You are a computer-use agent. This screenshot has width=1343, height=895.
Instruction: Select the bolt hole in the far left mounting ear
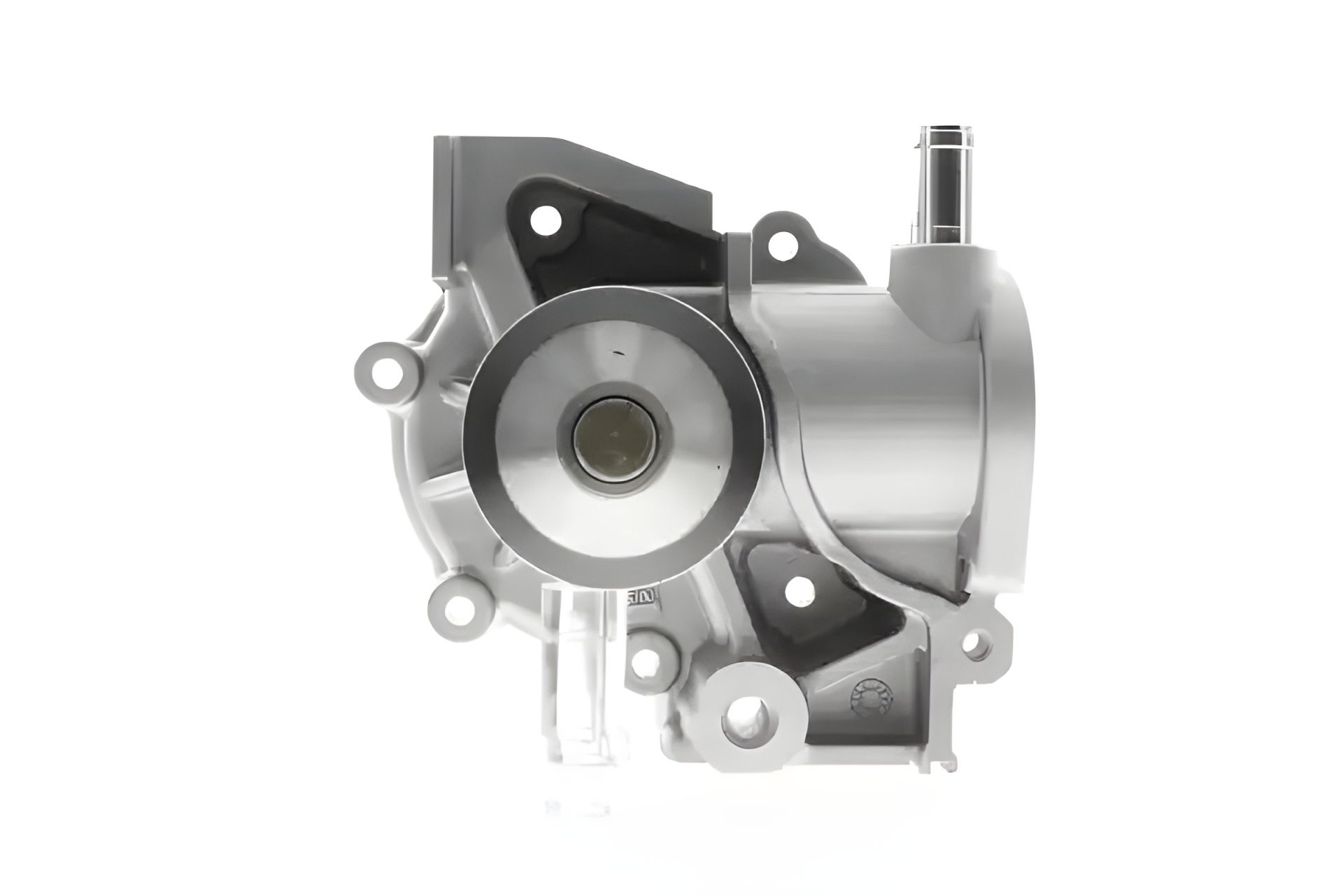point(382,370)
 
